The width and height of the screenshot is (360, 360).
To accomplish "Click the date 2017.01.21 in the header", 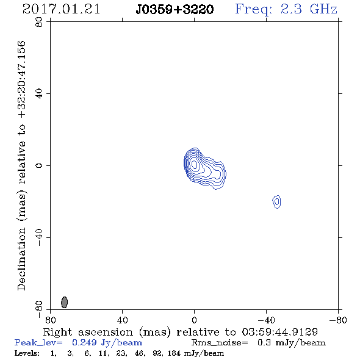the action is (61, 9).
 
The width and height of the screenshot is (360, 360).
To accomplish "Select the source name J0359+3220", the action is (175, 10).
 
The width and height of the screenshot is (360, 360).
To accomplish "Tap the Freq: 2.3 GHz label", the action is (286, 10).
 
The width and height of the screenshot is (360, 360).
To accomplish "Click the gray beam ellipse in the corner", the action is (65, 302).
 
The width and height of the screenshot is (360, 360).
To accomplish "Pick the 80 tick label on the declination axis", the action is (39, 22).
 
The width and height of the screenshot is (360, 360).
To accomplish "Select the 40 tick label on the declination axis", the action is (39, 94).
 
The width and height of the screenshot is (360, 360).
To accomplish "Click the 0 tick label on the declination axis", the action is (39, 165).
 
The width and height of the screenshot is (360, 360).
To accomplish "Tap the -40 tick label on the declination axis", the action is (39, 237).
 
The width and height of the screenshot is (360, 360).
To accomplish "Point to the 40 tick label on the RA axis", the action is (122, 320).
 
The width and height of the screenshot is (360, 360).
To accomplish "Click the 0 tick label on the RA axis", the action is (194, 320).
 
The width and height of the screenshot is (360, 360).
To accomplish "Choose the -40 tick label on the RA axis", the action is (266, 320).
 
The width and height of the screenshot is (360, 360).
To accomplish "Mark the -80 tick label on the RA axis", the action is (338, 320).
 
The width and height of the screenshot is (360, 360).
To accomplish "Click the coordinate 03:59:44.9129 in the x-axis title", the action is (280, 332).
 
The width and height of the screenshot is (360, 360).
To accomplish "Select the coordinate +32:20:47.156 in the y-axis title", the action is (22, 80).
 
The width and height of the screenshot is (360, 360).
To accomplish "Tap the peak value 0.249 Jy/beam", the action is (107, 343).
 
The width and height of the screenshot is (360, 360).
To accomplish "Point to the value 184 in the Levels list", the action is (174, 353).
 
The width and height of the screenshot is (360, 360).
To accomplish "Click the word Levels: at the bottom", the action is (27, 353).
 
